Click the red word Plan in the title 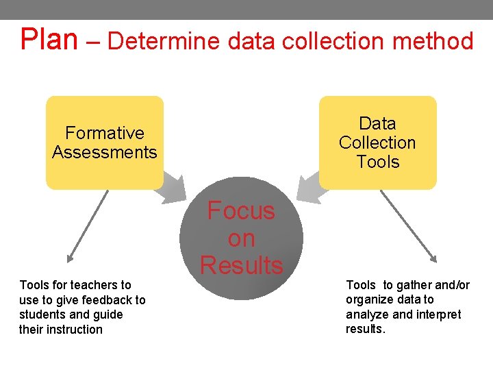(x=49, y=39)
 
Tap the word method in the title (x=433, y=41)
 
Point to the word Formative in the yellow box (x=105, y=133)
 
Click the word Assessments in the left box (x=105, y=152)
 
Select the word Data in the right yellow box (x=377, y=124)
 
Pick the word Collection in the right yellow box (x=377, y=143)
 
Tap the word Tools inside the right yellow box (x=377, y=162)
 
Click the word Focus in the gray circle (x=241, y=211)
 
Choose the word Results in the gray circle (x=241, y=265)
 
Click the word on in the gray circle (x=241, y=238)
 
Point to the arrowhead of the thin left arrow (x=69, y=260)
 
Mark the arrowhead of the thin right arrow (x=433, y=259)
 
